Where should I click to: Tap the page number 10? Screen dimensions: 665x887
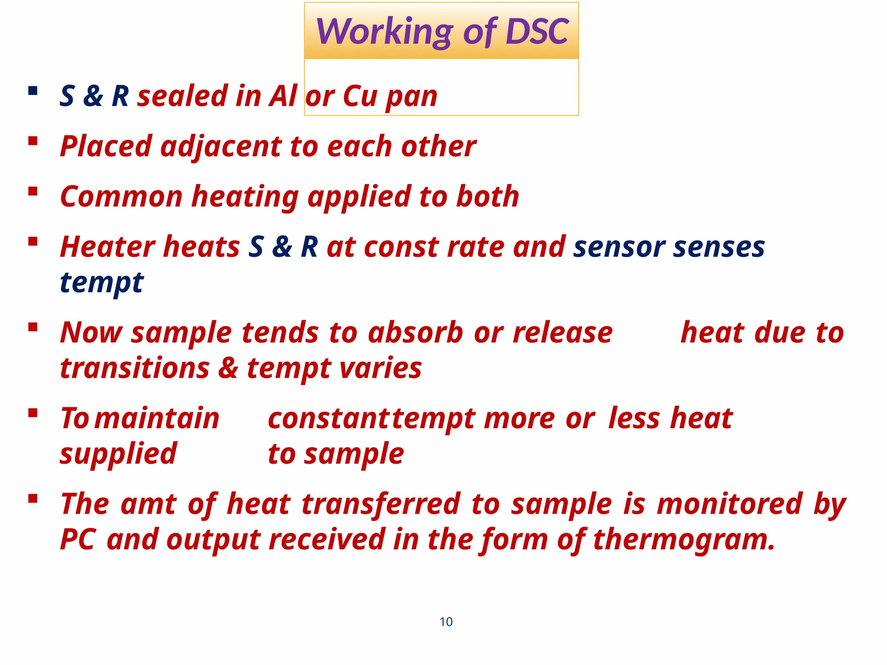point(446,622)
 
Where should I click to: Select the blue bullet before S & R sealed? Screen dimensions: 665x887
point(32,91)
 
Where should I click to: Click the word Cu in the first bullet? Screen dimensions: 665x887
point(360,96)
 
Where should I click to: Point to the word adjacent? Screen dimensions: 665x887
point(221,147)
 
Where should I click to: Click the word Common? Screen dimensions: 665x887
point(121,197)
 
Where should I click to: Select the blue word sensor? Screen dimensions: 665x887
point(619,247)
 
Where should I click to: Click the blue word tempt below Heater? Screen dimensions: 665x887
point(101,283)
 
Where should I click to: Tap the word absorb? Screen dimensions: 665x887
point(415,333)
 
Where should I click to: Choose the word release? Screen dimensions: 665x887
point(563,333)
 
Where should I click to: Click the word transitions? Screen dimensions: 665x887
point(135,368)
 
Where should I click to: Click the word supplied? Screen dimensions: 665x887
point(118,454)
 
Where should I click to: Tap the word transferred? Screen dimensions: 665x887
point(381,504)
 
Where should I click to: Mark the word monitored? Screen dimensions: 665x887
point(729,504)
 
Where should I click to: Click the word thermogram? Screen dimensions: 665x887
point(683,540)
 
